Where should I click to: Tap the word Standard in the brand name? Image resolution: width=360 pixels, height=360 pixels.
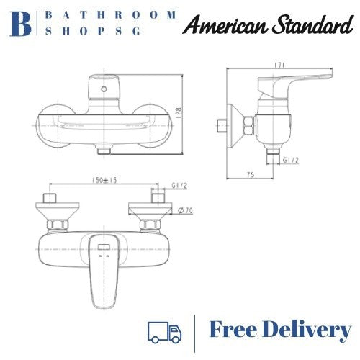(x=306, y=26)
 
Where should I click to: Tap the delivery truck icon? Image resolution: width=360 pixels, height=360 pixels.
(x=164, y=331)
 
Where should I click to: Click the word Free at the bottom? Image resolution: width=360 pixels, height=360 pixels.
(x=235, y=330)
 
